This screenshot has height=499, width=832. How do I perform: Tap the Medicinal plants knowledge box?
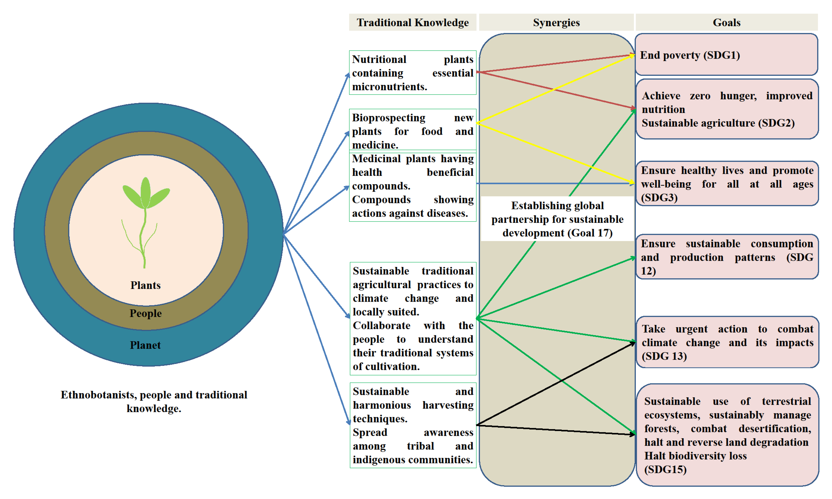click(412, 186)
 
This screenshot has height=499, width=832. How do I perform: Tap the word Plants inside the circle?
click(145, 285)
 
